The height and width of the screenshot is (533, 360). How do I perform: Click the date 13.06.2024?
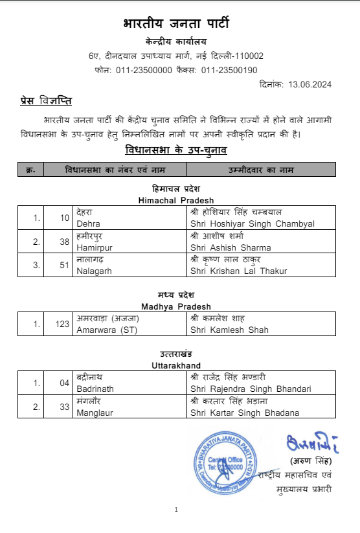(x=310, y=84)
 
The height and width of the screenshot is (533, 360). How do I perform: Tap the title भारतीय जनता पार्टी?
(x=176, y=23)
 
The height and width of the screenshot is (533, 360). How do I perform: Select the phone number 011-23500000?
(x=144, y=70)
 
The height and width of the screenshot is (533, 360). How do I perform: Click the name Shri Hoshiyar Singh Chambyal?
(x=253, y=224)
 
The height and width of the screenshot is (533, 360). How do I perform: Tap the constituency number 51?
(x=63, y=266)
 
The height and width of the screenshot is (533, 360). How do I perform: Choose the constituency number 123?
(x=62, y=324)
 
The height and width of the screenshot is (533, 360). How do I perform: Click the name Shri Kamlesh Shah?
(x=229, y=330)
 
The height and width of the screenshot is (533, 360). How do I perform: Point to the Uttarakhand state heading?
(x=176, y=365)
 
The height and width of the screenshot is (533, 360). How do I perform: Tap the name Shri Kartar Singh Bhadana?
(x=245, y=413)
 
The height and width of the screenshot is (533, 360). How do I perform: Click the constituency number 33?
(x=63, y=407)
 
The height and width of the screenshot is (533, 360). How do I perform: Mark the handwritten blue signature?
(x=308, y=446)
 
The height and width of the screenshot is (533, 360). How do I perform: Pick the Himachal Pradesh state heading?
(x=176, y=200)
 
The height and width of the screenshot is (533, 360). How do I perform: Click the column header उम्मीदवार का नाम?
(x=261, y=170)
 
